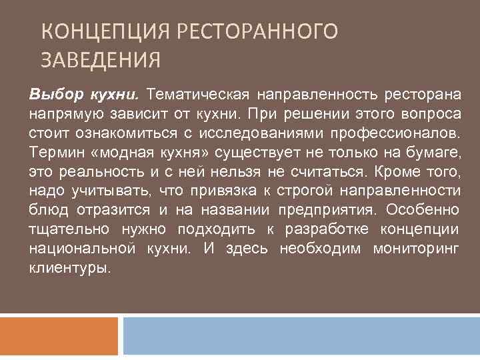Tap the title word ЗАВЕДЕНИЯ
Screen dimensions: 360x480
101,61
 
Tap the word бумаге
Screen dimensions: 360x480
435,153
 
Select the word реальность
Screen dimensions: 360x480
100,173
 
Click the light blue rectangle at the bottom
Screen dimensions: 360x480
301,335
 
